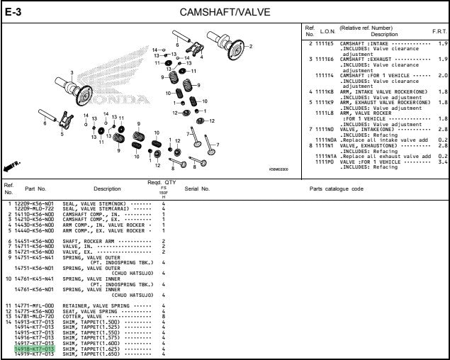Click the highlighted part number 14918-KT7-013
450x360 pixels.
[34, 349]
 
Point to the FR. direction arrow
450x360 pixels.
[13, 165]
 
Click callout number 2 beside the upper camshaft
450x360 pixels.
[250, 47]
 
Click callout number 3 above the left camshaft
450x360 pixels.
[72, 72]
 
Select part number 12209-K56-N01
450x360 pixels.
[34, 204]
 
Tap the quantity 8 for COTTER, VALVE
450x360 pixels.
[163, 315]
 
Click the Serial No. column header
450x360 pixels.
[197, 189]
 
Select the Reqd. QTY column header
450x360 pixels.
[163, 183]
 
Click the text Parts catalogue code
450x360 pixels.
[337, 189]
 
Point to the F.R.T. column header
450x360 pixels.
[439, 32]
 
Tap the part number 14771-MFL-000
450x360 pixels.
[34, 305]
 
